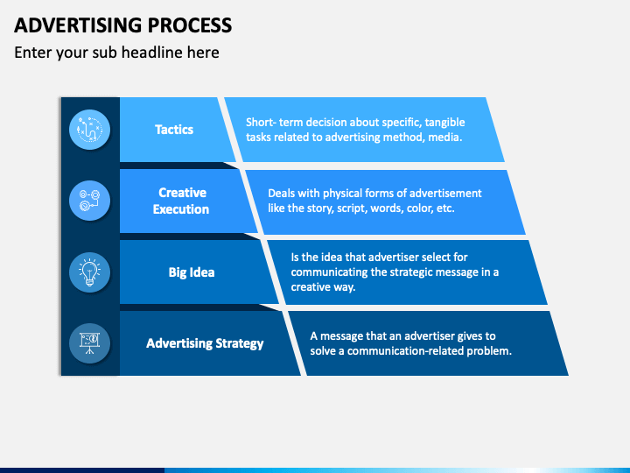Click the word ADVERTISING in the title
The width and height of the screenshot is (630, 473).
(78, 25)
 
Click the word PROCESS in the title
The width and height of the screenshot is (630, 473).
(190, 25)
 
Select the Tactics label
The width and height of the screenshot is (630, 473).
(174, 130)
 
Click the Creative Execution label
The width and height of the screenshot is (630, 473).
(181, 201)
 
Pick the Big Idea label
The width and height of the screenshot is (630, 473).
(192, 272)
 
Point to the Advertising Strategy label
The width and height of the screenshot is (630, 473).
(205, 343)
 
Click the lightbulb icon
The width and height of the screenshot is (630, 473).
(89, 272)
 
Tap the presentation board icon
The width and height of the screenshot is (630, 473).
(89, 343)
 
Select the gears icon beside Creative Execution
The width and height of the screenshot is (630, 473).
(89, 201)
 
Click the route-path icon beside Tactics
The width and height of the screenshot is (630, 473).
(89, 130)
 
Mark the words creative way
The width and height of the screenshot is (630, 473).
(323, 287)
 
